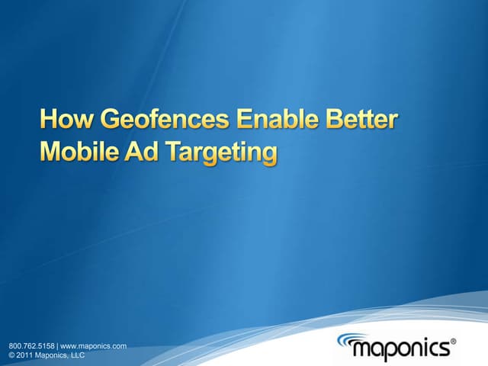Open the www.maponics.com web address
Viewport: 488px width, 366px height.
click(x=93, y=345)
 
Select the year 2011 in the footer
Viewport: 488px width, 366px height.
click(x=24, y=355)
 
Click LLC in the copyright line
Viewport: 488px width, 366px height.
click(x=76, y=355)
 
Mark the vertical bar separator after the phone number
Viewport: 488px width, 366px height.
click(x=57, y=345)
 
